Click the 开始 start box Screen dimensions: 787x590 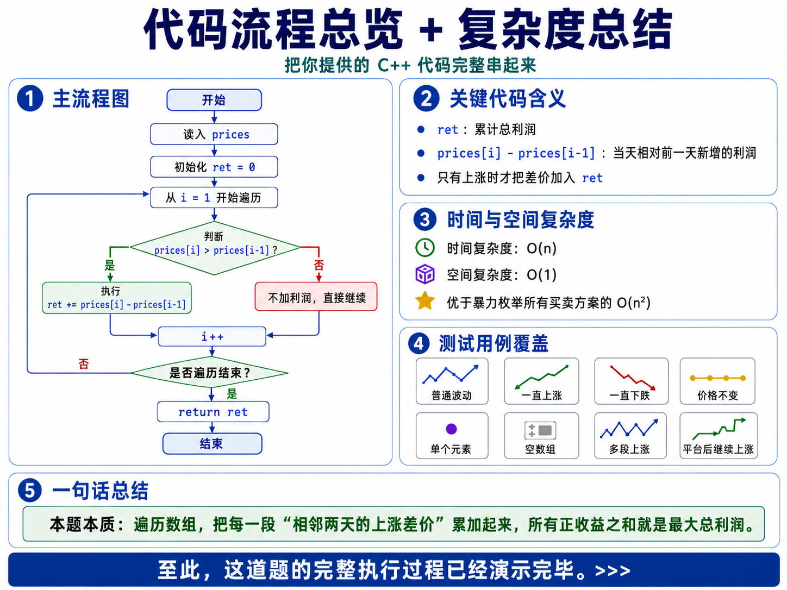214,100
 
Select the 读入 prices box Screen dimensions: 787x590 214,134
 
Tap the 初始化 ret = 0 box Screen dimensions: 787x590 214,167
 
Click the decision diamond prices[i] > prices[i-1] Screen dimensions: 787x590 215,248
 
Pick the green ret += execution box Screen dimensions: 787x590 116,298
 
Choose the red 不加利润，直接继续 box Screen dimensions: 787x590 316,297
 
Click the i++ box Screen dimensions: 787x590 213,336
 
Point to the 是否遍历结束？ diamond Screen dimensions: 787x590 209,373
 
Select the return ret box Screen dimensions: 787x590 213,412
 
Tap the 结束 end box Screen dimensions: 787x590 213,444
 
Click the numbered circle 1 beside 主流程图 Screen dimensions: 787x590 30,98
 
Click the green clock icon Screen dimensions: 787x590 425,248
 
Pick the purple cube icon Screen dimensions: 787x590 425,274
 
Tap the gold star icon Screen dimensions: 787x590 425,300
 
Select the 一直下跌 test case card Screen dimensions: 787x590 632,381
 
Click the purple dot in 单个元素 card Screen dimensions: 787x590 452,429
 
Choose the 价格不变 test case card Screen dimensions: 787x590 717,381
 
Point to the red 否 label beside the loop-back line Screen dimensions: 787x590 84,365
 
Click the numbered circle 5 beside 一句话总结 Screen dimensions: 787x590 30,490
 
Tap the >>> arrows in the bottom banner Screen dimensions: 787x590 613,570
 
